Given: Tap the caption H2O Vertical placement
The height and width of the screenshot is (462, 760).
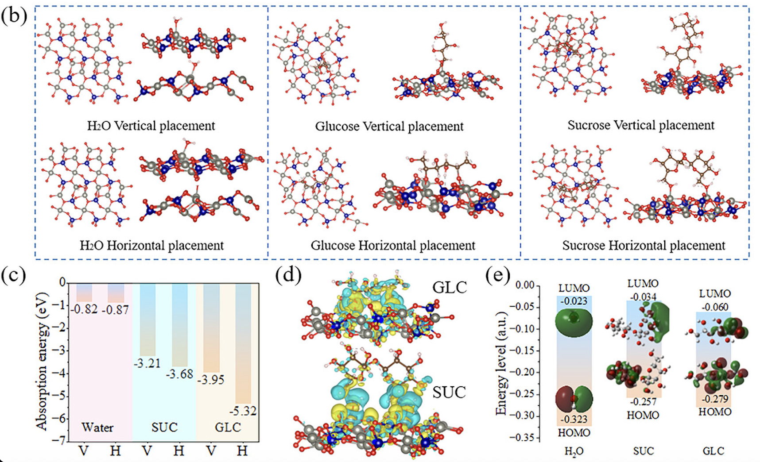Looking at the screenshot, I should coord(151,126).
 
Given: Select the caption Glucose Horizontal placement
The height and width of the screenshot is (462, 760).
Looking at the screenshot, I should coord(393,246).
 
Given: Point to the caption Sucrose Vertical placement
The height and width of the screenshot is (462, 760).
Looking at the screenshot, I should coord(641,126).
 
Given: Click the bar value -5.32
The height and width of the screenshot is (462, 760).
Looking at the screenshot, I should coord(243,411).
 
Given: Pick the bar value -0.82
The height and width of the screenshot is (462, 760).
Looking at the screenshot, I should coord(84,309).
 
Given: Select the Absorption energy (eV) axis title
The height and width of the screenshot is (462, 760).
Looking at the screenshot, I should coord(42,361).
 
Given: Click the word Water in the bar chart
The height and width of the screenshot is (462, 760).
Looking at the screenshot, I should coord(97,427).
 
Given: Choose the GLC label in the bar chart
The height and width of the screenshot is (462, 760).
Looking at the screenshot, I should coord(228,427).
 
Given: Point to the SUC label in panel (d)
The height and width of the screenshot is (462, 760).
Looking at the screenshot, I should coord(449,392).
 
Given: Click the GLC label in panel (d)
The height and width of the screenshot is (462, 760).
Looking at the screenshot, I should coord(450,288).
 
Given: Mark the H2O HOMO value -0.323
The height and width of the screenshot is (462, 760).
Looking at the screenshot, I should coord(574,420).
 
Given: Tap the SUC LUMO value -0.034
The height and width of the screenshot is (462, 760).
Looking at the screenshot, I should coord(643,297).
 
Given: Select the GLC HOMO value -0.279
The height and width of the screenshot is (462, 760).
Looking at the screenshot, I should coord(715,399).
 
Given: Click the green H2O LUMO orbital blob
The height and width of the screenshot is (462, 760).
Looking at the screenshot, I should coord(574,322).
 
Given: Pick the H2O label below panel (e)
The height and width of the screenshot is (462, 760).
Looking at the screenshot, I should coord(574,451).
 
